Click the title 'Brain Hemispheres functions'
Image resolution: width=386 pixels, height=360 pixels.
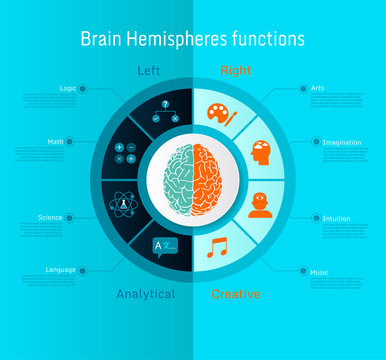[x=192, y=39]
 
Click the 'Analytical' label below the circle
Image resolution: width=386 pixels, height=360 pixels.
[x=145, y=294]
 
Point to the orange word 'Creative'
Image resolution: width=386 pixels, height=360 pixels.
[x=236, y=294]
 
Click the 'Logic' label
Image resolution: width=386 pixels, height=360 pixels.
[x=68, y=89]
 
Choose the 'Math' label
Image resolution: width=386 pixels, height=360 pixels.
[x=56, y=141]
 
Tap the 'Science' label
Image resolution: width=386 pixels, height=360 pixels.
[x=50, y=217]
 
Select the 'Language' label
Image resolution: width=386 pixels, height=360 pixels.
[x=60, y=269]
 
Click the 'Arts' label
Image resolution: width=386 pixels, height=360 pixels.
[x=317, y=89]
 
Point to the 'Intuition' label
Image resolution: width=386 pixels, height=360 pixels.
[x=335, y=217]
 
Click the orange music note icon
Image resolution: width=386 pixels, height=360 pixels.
[x=217, y=247]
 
